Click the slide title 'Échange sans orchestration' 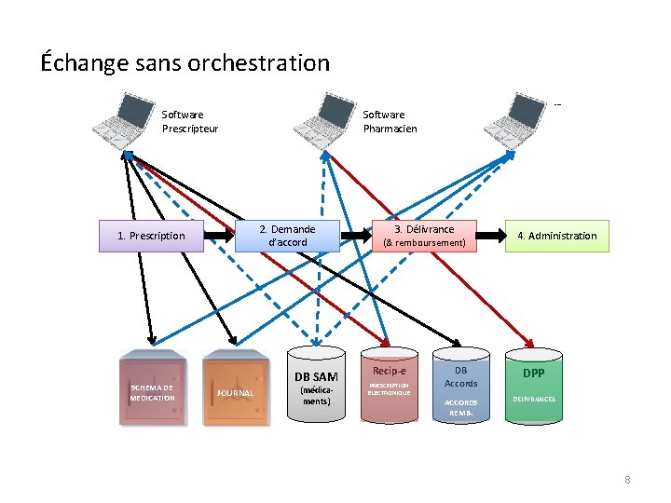pyautogui.click(x=185, y=63)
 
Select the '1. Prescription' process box pyautogui.click(x=151, y=236)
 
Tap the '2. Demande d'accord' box pyautogui.click(x=287, y=236)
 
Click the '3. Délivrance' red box pyautogui.click(x=424, y=236)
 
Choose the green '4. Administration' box pyautogui.click(x=557, y=236)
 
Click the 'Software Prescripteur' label pyautogui.click(x=190, y=122)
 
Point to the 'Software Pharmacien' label pyautogui.click(x=390, y=122)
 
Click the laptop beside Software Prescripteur pyautogui.click(x=125, y=119)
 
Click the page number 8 pyautogui.click(x=627, y=480)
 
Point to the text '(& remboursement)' pyautogui.click(x=424, y=243)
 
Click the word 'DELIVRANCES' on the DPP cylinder pyautogui.click(x=533, y=399)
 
